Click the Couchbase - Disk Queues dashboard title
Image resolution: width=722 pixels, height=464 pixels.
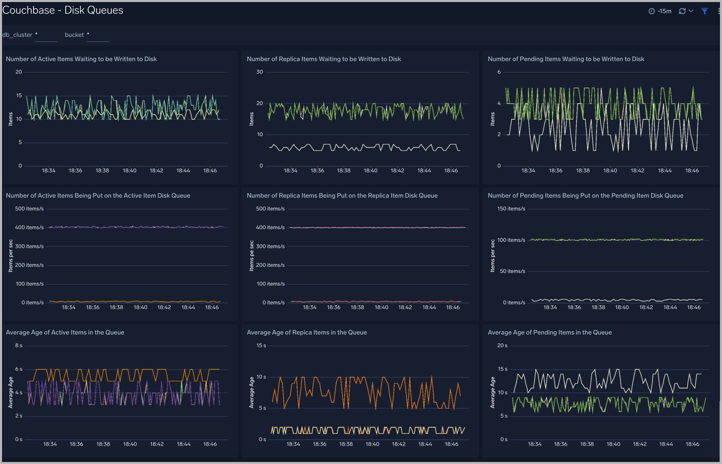pos(63,10)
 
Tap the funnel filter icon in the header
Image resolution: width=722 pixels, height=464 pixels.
pos(704,11)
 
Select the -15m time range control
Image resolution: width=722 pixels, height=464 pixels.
pos(660,11)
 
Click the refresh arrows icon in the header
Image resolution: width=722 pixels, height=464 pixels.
pos(682,11)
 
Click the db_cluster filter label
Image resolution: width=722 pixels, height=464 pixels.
pos(17,35)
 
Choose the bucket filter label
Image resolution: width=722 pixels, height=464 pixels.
pos(74,35)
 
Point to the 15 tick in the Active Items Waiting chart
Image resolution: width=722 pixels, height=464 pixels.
pos(19,95)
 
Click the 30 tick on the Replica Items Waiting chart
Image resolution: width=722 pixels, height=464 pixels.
pos(259,72)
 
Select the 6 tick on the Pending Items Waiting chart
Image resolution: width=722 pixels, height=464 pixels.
pos(499,72)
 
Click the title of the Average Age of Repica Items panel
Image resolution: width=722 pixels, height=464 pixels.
pos(307,332)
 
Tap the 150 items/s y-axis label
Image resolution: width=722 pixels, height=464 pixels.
pos(511,209)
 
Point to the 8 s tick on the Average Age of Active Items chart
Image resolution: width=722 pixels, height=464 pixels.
pos(19,346)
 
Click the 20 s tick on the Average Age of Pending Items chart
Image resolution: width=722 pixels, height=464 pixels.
pos(502,346)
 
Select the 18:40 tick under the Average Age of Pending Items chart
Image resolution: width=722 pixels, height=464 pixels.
pos(613,444)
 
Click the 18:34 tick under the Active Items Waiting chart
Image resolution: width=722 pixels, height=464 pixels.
pos(49,171)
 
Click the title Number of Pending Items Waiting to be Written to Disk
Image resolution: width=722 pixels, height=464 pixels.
pos(566,59)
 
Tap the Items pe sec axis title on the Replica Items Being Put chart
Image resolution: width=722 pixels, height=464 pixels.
pos(251,256)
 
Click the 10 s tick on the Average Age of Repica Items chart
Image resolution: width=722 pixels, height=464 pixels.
pos(261,377)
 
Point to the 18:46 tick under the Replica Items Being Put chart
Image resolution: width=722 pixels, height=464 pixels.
pos(453,307)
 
